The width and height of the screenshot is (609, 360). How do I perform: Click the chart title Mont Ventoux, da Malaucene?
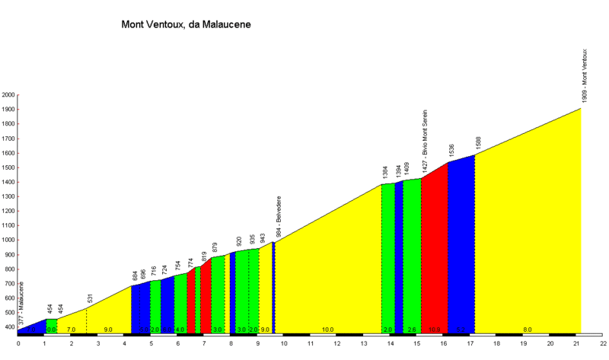coord(186,24)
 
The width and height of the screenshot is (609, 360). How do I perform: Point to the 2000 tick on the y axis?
coord(8,95)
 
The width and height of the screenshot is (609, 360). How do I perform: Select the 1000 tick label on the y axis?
coord(8,240)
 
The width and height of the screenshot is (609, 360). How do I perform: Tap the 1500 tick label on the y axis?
coord(8,167)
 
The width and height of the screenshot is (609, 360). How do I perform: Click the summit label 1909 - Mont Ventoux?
coord(585,76)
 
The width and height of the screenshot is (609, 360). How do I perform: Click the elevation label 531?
coord(90,299)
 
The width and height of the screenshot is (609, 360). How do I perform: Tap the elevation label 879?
coord(215,247)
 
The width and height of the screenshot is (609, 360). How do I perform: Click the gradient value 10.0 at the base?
coord(327,330)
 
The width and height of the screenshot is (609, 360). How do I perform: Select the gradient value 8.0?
coord(528,330)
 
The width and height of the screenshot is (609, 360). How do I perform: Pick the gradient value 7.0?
coord(72,330)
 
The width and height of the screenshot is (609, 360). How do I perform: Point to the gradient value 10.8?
coord(434,330)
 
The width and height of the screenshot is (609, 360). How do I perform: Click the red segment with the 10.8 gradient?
coord(434,251)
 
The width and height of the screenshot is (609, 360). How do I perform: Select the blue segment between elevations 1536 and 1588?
coord(461,244)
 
